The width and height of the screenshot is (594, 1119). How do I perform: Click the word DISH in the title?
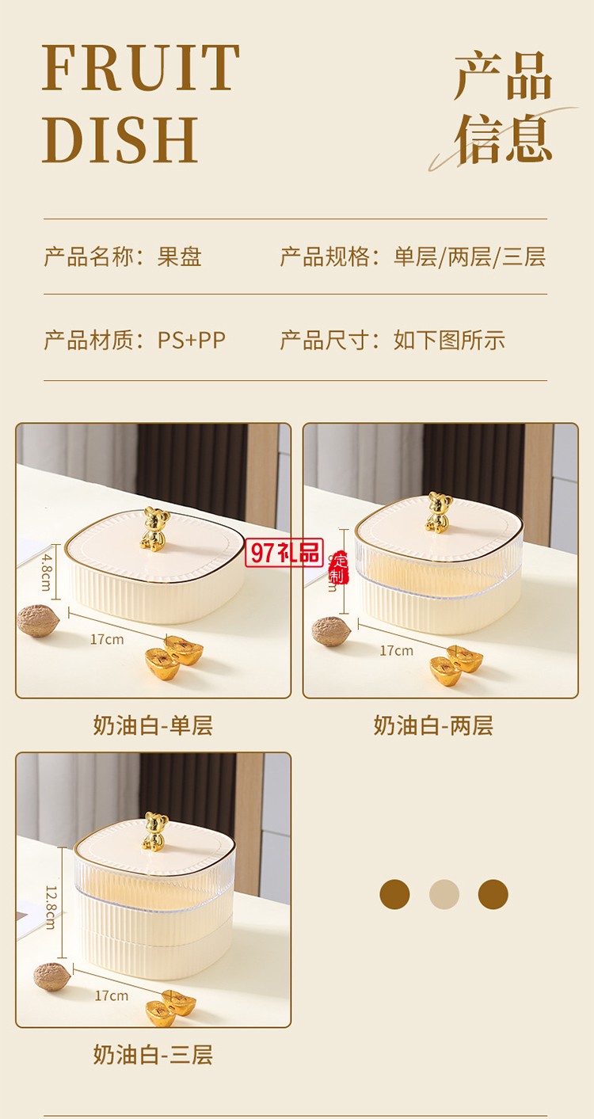click(120, 139)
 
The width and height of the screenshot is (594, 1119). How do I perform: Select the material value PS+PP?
click(192, 341)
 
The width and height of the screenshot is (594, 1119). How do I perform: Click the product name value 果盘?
click(180, 257)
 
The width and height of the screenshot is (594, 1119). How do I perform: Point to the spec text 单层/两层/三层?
click(470, 257)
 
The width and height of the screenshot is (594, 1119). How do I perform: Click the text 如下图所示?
click(449, 341)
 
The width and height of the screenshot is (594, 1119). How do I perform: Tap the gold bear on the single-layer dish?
click(155, 529)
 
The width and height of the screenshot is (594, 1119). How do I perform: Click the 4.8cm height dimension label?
click(46, 567)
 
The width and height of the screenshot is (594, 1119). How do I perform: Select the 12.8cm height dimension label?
click(50, 906)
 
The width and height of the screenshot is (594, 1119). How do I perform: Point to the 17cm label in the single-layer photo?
click(107, 639)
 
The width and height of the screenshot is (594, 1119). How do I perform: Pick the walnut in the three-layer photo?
click(52, 976)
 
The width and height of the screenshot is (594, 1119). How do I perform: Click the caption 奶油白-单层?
click(153, 725)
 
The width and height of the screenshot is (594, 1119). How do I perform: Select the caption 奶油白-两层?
click(433, 725)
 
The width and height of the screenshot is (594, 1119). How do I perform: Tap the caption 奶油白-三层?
click(153, 1055)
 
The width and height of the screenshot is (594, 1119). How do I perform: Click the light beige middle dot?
click(444, 894)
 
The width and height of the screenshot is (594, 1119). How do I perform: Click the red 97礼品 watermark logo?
click(284, 553)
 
